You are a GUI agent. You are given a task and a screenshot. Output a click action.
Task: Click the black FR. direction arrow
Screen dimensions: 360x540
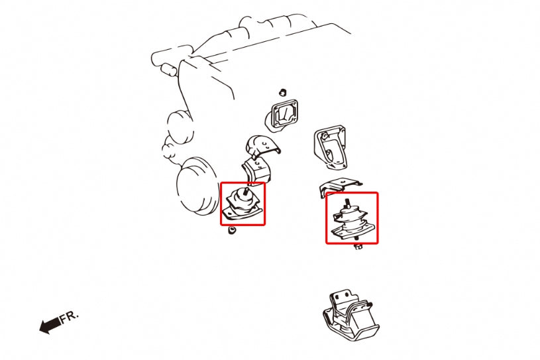pyautogui.click(x=48, y=326)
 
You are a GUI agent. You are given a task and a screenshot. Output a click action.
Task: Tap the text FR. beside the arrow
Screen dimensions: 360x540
pyautogui.click(x=69, y=316)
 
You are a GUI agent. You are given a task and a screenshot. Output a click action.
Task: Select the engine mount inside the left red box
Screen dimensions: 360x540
pyautogui.click(x=243, y=204)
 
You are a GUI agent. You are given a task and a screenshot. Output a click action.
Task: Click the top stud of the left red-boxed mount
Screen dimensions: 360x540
pyautogui.click(x=247, y=192)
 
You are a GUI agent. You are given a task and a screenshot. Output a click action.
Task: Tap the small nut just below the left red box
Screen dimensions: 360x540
pyautogui.click(x=232, y=231)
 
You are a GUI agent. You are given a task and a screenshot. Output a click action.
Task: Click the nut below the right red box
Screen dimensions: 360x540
pyautogui.click(x=358, y=247)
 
